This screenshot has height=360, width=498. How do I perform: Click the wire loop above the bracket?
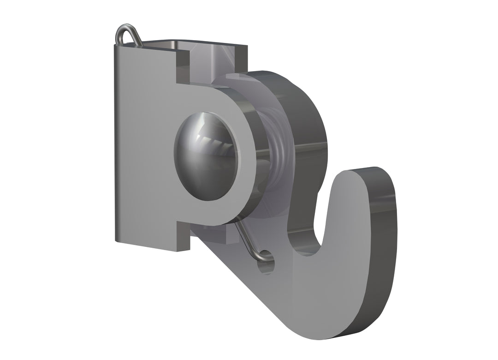point(127,35)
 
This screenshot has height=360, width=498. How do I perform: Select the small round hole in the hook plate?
point(267,266)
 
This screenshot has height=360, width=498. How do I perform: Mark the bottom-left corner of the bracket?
point(116,240)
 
